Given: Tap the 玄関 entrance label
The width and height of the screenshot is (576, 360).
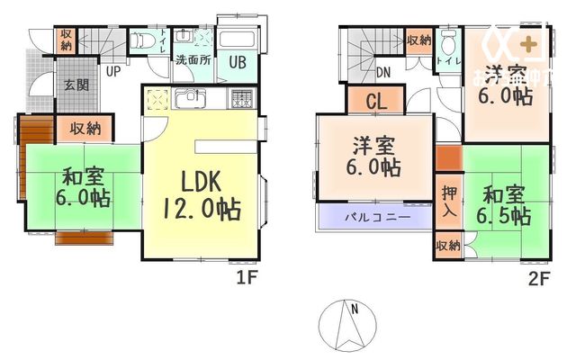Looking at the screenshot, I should [x=76, y=86].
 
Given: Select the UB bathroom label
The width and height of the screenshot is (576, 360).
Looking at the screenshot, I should [x=238, y=62].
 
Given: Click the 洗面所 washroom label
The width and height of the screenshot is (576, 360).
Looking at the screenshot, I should [x=192, y=61].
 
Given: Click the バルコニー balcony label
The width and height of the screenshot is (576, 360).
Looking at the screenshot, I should [x=378, y=218].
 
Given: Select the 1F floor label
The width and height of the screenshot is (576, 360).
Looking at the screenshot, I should [x=247, y=278].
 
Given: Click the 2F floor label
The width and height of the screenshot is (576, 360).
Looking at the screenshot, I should [x=538, y=278].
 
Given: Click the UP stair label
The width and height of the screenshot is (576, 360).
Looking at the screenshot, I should [x=114, y=71].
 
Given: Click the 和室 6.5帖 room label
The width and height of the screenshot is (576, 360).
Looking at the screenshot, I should [x=505, y=204].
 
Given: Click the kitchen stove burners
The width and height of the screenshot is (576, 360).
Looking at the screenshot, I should [x=241, y=99].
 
